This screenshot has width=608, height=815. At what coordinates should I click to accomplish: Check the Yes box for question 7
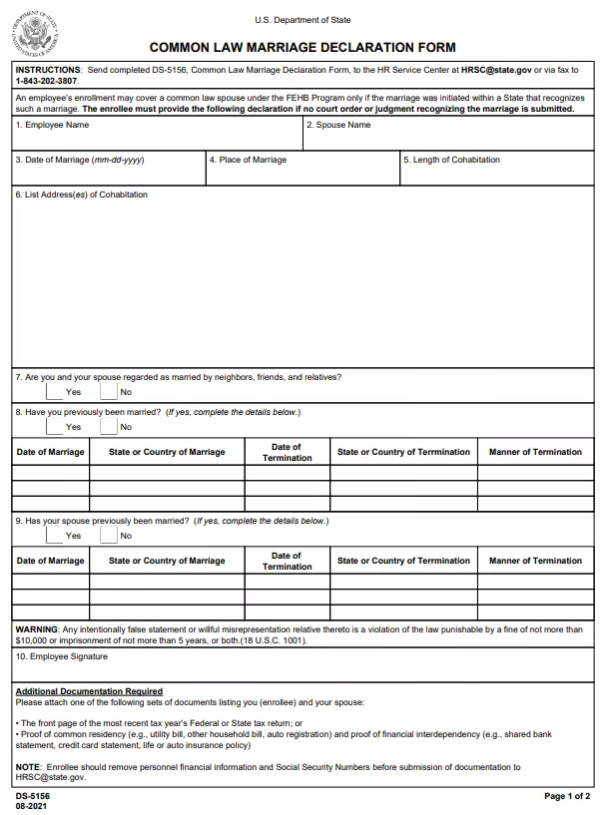(54, 391)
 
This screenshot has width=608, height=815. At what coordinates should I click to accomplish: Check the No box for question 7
(108, 391)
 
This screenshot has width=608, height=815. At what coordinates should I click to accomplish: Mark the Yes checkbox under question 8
(54, 426)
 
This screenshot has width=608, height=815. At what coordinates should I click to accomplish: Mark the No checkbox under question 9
(108, 535)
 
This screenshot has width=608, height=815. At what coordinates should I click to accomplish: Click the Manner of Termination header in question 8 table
(535, 452)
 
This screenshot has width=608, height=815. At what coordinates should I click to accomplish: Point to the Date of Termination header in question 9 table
(287, 561)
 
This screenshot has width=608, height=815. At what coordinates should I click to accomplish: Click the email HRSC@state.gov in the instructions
(496, 70)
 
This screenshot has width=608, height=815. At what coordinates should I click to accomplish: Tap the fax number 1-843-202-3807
(46, 80)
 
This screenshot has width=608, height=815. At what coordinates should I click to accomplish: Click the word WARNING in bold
(37, 629)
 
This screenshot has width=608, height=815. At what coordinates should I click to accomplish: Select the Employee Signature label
(62, 656)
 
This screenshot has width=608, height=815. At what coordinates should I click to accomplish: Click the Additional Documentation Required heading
(89, 691)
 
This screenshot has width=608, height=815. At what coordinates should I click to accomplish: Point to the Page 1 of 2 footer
(567, 796)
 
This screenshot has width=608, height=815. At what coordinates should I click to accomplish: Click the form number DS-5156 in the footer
(33, 796)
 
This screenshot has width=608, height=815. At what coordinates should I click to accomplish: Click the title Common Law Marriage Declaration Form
(303, 47)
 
